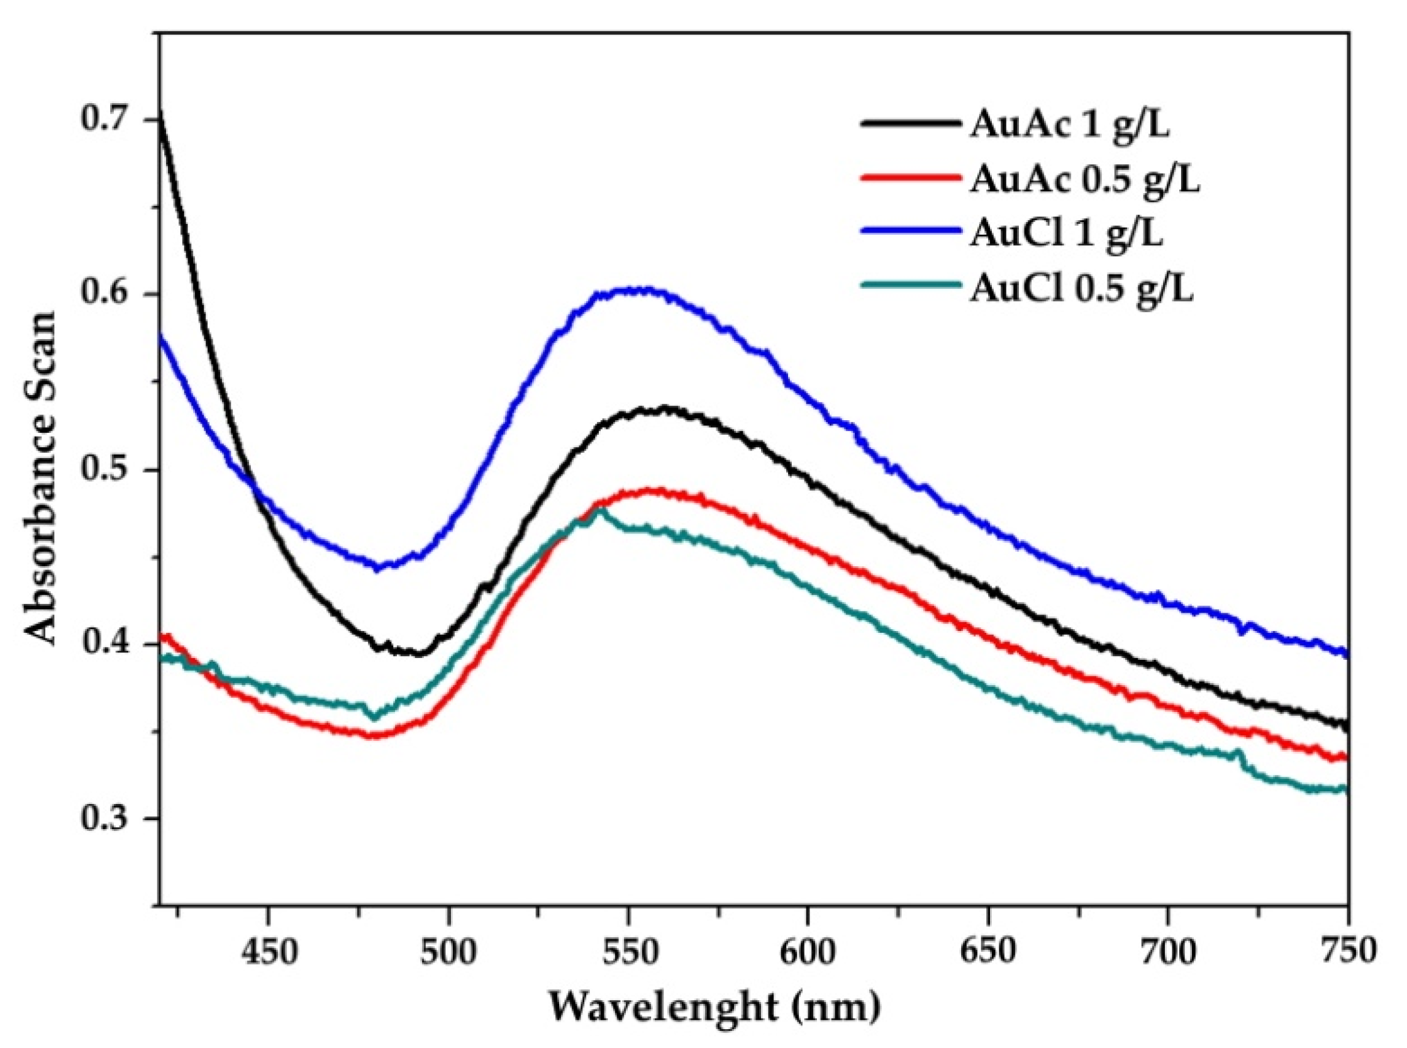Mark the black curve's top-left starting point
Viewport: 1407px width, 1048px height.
click(160, 113)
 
